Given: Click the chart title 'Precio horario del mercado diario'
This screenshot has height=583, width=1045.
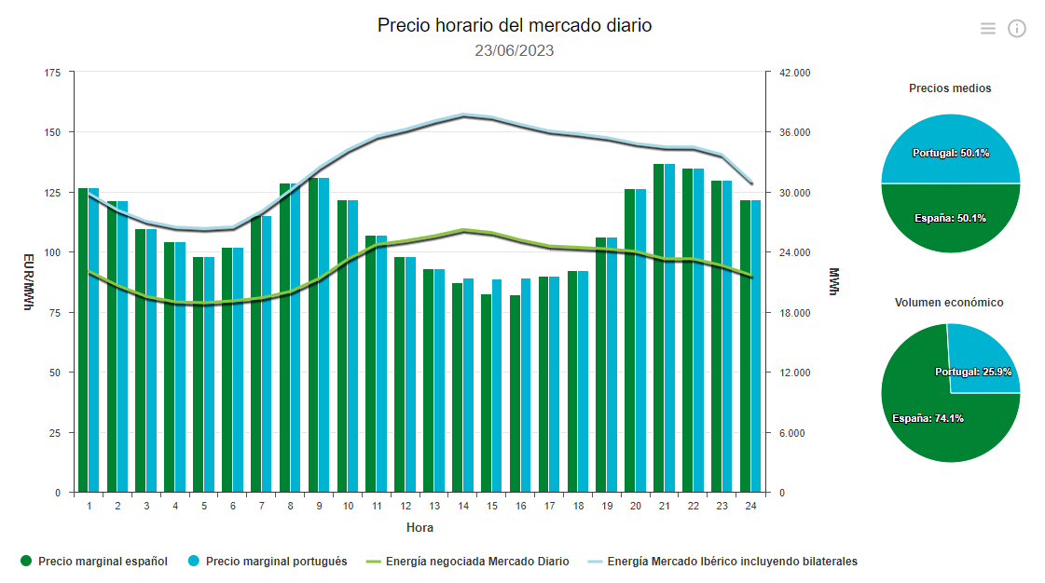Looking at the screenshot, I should [x=515, y=25].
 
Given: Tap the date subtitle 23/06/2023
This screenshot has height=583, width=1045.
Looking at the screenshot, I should [x=514, y=50].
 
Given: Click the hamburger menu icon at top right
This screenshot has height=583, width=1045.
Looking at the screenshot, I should [x=988, y=29].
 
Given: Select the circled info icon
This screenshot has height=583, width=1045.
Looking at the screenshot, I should [x=1017, y=29].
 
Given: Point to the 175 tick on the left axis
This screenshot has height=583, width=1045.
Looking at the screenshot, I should [x=52, y=73].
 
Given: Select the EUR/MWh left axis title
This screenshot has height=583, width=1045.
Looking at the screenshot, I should [x=28, y=282].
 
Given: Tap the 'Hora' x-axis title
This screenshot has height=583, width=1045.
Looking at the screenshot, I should [x=419, y=528].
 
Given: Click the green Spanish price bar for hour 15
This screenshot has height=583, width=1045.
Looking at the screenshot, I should [x=486, y=393].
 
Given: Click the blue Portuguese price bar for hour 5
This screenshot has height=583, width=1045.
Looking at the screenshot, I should [x=209, y=374].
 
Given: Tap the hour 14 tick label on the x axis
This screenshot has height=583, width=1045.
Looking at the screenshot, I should [x=463, y=506].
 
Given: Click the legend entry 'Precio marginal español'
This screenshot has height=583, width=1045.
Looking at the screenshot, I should [x=93, y=562].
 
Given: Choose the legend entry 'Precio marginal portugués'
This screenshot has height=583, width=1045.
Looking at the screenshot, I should [x=267, y=562].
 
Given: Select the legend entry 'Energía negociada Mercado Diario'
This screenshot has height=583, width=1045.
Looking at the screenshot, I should [x=467, y=562].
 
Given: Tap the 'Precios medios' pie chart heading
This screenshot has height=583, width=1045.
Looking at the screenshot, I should [x=950, y=88].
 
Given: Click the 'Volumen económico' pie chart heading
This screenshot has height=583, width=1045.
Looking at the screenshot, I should [x=949, y=303].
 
